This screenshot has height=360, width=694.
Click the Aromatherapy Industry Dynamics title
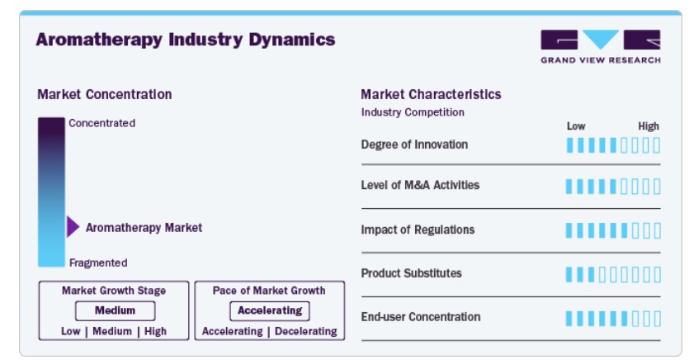[x=186, y=40]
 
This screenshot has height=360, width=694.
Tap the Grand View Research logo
[x=601, y=46]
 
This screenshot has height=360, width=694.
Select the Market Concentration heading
[x=105, y=94]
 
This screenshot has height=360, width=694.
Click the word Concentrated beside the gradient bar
[x=102, y=123]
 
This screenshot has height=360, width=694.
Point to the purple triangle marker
[x=73, y=227]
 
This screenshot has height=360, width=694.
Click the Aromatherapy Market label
[x=144, y=228]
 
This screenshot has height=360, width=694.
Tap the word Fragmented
[x=98, y=263]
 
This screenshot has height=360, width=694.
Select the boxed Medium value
[x=115, y=310]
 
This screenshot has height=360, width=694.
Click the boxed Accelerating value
[x=270, y=310]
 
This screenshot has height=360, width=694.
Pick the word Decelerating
[x=306, y=331]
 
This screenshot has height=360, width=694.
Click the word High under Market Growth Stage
[x=155, y=331]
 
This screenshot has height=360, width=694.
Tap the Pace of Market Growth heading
[x=269, y=291]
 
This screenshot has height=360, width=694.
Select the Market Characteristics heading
[x=431, y=94]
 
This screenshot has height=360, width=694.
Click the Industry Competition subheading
[x=413, y=112]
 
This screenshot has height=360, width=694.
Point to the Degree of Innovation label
[x=414, y=144]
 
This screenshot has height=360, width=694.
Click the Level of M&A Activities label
[x=420, y=185]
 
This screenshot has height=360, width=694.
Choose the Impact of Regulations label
[x=418, y=230]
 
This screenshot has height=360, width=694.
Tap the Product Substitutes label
[x=411, y=273]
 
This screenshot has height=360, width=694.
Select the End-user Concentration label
[x=421, y=317]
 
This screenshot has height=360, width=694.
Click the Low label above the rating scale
[x=576, y=126]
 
